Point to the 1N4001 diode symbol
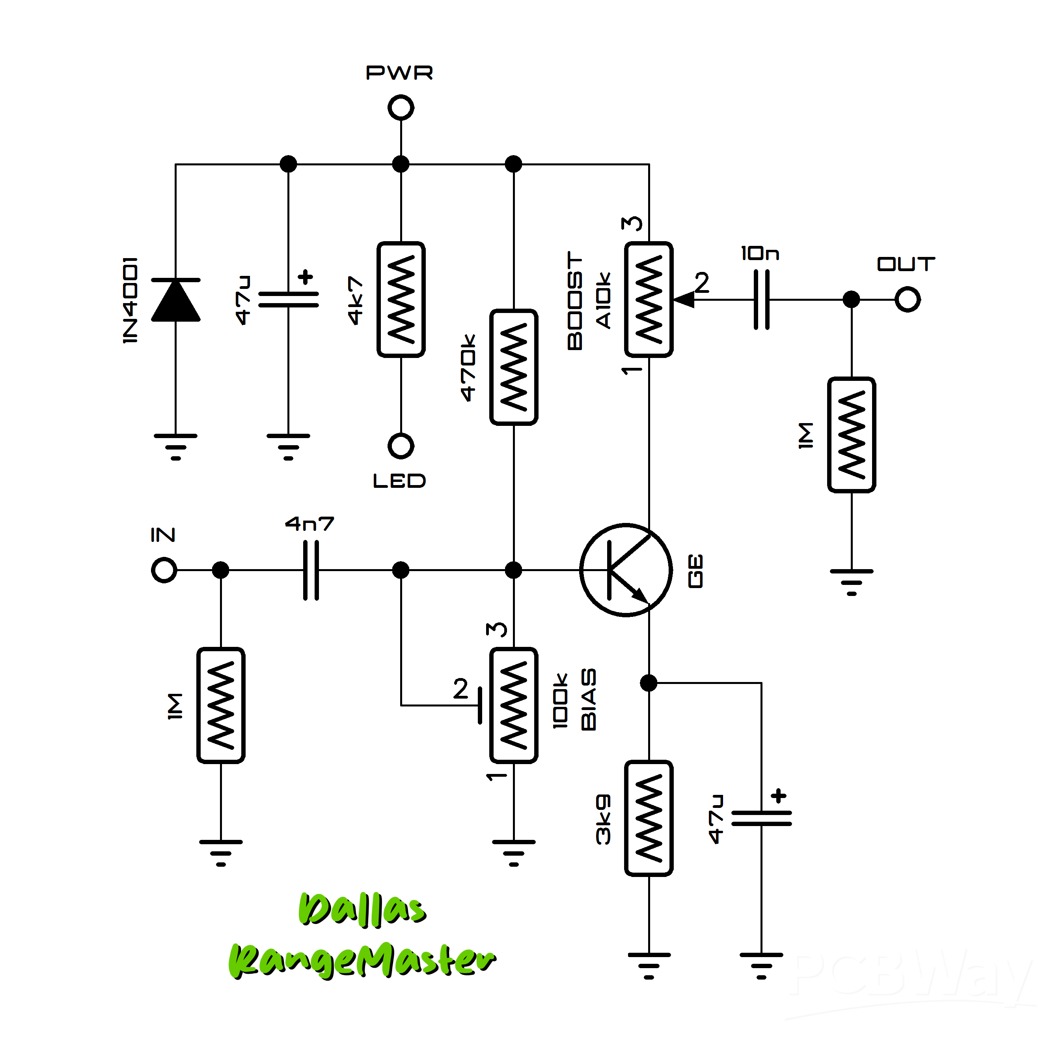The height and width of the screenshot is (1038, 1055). click(x=175, y=300)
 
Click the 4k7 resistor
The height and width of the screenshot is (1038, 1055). click(x=401, y=299)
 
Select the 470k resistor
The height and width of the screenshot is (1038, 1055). click(x=514, y=367)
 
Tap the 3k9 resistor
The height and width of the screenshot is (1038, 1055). click(x=649, y=818)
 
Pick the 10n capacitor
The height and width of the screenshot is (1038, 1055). click(x=761, y=299)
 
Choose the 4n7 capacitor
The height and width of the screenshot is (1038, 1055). click(x=311, y=570)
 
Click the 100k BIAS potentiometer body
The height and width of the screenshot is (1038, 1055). click(x=514, y=705)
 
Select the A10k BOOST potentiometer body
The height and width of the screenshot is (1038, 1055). click(x=649, y=299)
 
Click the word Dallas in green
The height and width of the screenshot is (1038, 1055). click(x=362, y=910)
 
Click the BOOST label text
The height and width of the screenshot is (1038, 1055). click(x=575, y=300)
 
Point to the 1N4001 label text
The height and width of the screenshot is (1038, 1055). click(x=130, y=300)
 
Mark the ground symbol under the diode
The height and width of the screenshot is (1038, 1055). click(x=175, y=446)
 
